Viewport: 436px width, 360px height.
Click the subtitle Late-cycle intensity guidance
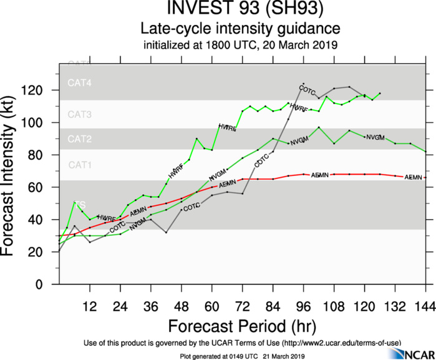(x=239, y=29)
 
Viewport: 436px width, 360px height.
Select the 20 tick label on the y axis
(x=47, y=252)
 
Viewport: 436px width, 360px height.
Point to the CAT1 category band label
(x=80, y=165)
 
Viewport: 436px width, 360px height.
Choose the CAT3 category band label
(x=80, y=115)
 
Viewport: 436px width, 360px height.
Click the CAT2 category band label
(x=80, y=139)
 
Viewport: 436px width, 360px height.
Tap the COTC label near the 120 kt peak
(x=307, y=90)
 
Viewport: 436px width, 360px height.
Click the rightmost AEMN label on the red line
(x=413, y=178)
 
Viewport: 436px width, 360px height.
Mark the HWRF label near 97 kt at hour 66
(x=227, y=127)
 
